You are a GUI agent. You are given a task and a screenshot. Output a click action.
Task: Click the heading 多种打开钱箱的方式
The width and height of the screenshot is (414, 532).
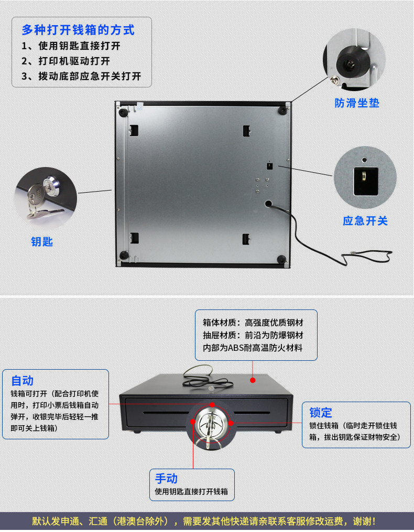click(x=78, y=30)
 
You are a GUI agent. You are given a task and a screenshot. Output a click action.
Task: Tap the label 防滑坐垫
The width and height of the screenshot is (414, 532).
click(x=357, y=103)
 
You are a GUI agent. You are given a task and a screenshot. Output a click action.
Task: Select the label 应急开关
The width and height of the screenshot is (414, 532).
click(x=365, y=221)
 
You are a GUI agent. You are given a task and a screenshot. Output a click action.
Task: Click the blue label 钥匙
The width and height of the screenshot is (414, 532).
click(x=42, y=242)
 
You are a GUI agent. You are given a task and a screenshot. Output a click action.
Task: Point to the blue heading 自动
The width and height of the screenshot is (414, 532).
click(x=22, y=381)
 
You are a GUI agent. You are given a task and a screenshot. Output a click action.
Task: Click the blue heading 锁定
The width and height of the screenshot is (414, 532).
click(x=320, y=413)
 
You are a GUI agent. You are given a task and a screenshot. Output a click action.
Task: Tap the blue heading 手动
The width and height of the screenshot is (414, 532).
click(x=166, y=478)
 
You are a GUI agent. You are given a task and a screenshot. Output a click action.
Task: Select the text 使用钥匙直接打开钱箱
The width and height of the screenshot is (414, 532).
click(x=191, y=492)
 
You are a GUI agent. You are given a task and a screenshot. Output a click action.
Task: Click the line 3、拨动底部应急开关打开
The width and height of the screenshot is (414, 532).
click(x=82, y=76)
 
